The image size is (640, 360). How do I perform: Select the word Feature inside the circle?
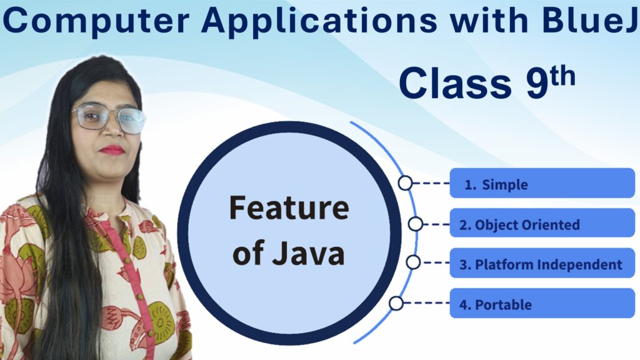288,209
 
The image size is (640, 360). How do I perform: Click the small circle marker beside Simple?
406,183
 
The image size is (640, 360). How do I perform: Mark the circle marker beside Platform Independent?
413,262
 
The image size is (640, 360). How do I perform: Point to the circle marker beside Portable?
396,304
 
